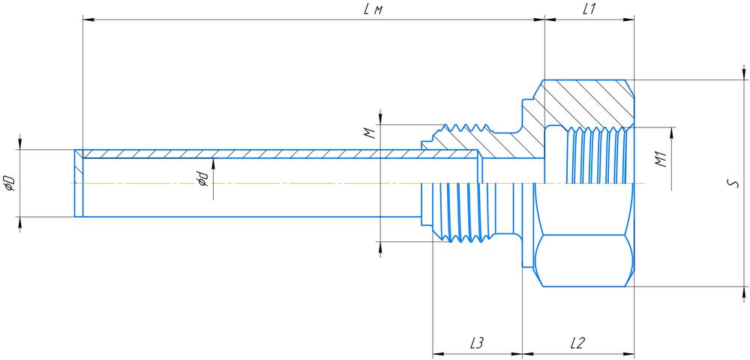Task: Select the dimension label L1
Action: tap(589, 8)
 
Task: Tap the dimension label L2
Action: tap(577, 343)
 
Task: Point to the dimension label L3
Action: tap(476, 343)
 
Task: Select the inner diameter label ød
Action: tap(202, 180)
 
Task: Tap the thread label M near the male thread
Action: tap(368, 133)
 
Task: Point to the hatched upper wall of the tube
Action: tap(277, 154)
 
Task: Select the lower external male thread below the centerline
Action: tap(457, 214)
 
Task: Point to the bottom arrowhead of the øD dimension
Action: tap(20, 222)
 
